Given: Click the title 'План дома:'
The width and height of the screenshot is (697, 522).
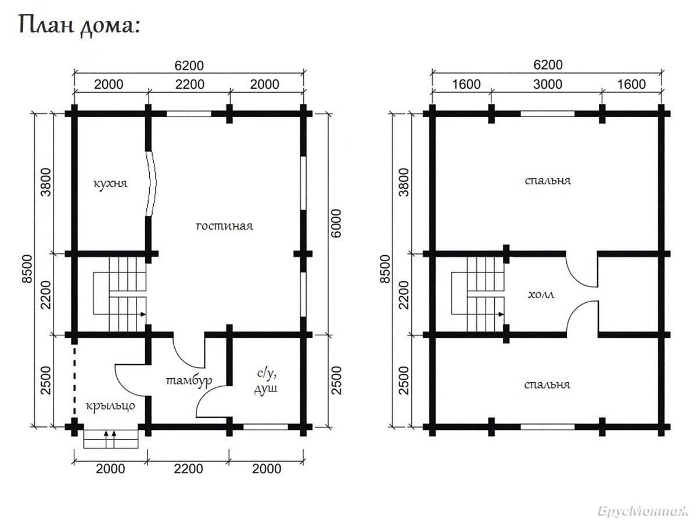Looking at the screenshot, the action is click(x=80, y=25).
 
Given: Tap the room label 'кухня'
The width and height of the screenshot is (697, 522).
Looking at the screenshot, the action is click(x=110, y=183).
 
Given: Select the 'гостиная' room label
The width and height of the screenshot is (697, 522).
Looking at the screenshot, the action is click(x=224, y=226).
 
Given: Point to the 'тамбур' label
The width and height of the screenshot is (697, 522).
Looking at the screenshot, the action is click(x=189, y=380).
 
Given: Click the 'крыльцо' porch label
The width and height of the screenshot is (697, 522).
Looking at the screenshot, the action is click(x=110, y=406).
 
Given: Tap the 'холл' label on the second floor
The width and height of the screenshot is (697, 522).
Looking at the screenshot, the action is click(x=541, y=295).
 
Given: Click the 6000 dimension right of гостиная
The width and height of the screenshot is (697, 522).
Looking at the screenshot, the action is click(x=336, y=223).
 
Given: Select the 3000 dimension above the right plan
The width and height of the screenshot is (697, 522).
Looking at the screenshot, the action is click(x=548, y=84).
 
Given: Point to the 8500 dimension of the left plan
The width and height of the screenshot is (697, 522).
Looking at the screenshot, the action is click(x=27, y=269).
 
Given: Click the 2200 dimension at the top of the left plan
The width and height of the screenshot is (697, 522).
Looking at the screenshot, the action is click(x=190, y=84).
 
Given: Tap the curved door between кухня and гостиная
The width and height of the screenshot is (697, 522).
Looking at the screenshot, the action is click(x=152, y=183).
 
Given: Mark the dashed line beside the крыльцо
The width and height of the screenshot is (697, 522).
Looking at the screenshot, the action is click(x=74, y=381).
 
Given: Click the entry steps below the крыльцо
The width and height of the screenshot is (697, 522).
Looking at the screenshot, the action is click(x=111, y=438).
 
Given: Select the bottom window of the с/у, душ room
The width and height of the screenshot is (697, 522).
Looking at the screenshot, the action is click(x=266, y=427).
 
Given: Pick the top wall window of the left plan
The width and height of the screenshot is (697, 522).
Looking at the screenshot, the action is click(x=189, y=114).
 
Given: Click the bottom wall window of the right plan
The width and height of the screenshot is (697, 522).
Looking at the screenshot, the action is click(x=548, y=427).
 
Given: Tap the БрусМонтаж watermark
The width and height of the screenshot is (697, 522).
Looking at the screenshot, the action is click(x=642, y=511).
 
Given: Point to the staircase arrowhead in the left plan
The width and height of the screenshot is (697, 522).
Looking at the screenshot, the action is click(x=143, y=314).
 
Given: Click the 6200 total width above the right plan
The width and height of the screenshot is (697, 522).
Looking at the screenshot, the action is click(x=548, y=65).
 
